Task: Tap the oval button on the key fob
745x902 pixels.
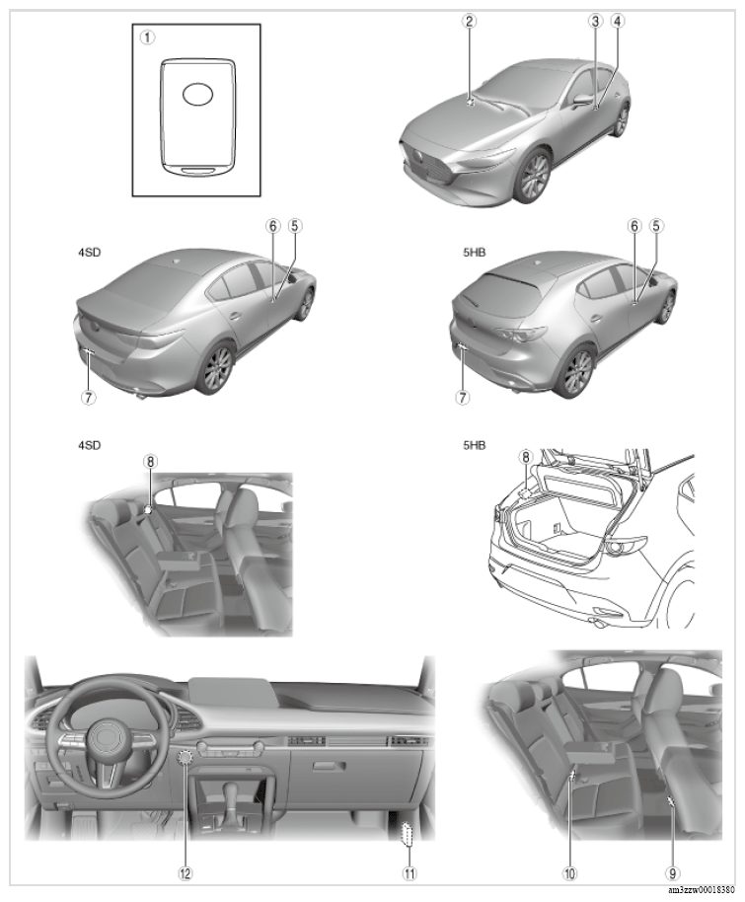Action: (197, 94)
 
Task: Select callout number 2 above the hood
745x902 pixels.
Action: (470, 21)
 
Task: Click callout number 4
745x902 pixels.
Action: (618, 21)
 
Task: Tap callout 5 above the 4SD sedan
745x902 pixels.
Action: (294, 225)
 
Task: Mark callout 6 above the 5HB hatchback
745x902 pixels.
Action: (635, 225)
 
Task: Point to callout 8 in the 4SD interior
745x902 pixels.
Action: (150, 460)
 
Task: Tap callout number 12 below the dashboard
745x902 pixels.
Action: (185, 871)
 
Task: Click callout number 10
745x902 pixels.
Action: (570, 871)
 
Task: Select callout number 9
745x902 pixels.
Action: (673, 871)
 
